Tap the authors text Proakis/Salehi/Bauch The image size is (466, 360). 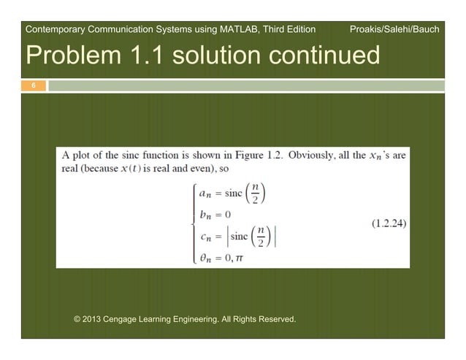pyautogui.click(x=394, y=30)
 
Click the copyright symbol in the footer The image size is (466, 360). pyautogui.click(x=79, y=319)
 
